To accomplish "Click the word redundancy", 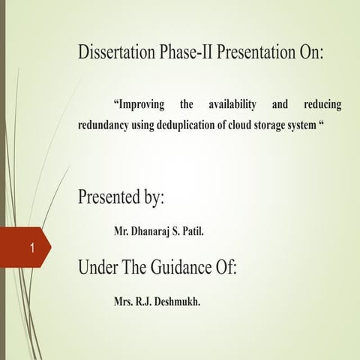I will pyautogui.click(x=103, y=124).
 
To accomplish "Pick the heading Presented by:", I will pyautogui.click(x=121, y=199).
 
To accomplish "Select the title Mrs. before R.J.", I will pyautogui.click(x=125, y=302).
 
